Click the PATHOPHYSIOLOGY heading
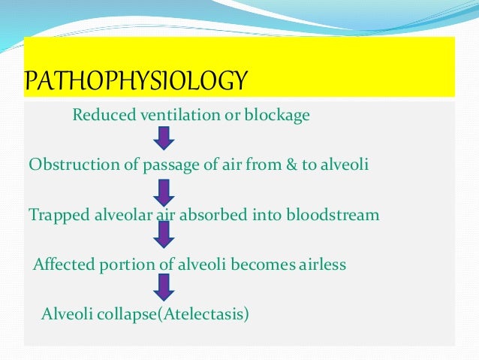[x=136, y=80]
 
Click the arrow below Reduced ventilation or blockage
[x=164, y=139]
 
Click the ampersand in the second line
[x=282, y=165]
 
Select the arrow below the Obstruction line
[x=164, y=189]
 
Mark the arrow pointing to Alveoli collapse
[x=164, y=287]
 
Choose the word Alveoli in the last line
[x=64, y=313]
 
